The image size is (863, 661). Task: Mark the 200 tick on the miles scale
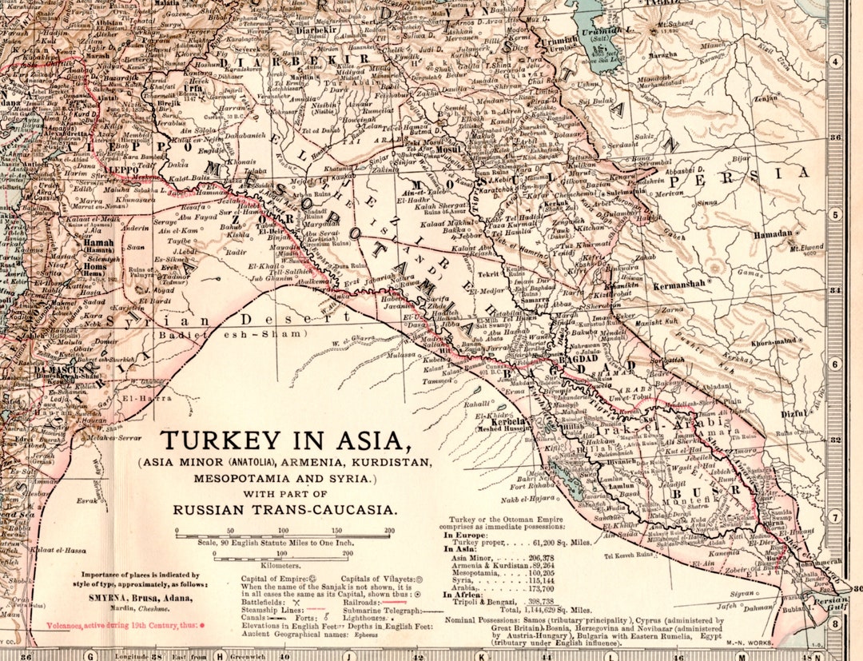pos(389,531)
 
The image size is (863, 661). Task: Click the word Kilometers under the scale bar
pos(283,564)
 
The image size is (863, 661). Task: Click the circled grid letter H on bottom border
pos(218,655)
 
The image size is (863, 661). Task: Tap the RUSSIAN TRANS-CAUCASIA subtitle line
pos(285,508)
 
